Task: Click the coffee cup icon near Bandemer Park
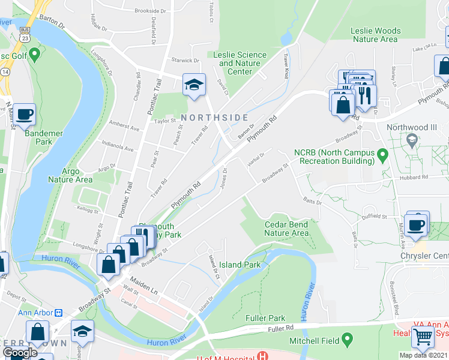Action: [x=24, y=114]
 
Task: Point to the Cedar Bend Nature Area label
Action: [x=287, y=229]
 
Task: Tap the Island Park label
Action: [x=240, y=265]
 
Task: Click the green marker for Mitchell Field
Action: [x=346, y=340]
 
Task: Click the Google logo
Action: [x=20, y=353]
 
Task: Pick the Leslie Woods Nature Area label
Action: [x=374, y=35]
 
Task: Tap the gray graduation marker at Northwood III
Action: [x=411, y=141]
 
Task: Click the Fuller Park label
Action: [x=265, y=317]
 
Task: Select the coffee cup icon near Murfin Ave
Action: [x=416, y=224]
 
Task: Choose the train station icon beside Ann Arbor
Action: [x=59, y=313]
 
